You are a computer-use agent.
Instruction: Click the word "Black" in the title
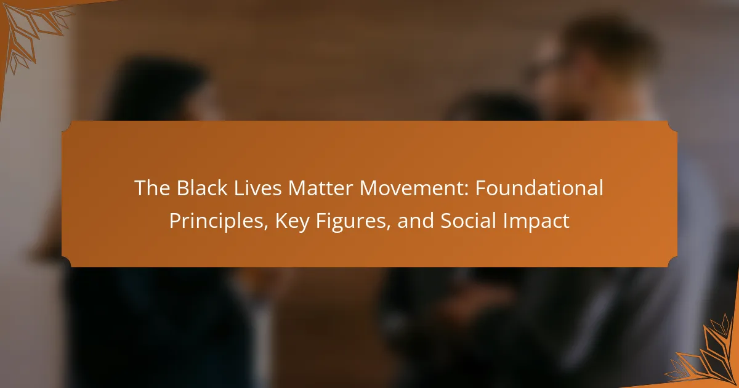coord(202,188)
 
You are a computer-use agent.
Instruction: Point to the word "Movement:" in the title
coord(414,188)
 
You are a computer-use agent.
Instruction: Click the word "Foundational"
coord(539,188)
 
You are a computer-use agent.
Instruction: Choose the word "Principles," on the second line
coord(219,221)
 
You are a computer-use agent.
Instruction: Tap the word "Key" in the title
coord(293,222)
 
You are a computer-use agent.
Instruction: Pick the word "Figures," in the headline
coord(353,222)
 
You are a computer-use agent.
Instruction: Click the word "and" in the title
coord(416,220)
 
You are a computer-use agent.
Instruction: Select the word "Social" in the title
coord(469,220)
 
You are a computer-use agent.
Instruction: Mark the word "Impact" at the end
coord(536,222)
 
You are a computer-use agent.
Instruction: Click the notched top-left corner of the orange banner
coord(67,126)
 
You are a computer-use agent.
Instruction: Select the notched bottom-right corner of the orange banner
coord(672,262)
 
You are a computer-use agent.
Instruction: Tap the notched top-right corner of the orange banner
coord(672,126)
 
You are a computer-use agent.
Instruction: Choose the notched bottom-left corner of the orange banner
coord(67,262)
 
